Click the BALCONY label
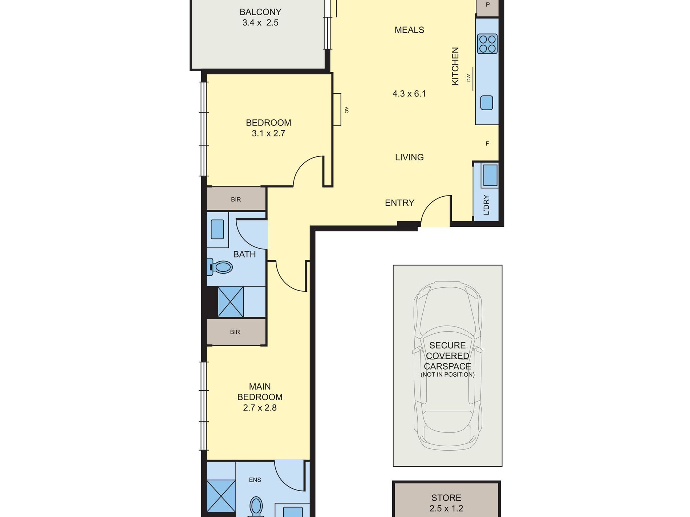click(260, 12)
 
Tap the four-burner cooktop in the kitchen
click(487, 44)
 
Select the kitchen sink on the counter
click(487, 103)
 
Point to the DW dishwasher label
click(468, 78)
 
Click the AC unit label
click(346, 110)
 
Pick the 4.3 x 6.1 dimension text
click(409, 94)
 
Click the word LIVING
click(409, 157)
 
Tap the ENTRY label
click(399, 203)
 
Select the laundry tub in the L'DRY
click(490, 175)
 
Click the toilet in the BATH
click(220, 267)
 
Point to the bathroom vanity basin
click(217, 229)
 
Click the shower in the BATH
click(231, 301)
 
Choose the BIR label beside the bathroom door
click(236, 200)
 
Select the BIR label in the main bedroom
click(235, 332)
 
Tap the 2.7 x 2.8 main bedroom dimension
click(260, 408)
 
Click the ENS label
click(255, 480)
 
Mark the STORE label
click(446, 498)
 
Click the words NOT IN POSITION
click(448, 375)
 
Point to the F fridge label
click(487, 144)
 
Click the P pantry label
click(488, 5)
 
